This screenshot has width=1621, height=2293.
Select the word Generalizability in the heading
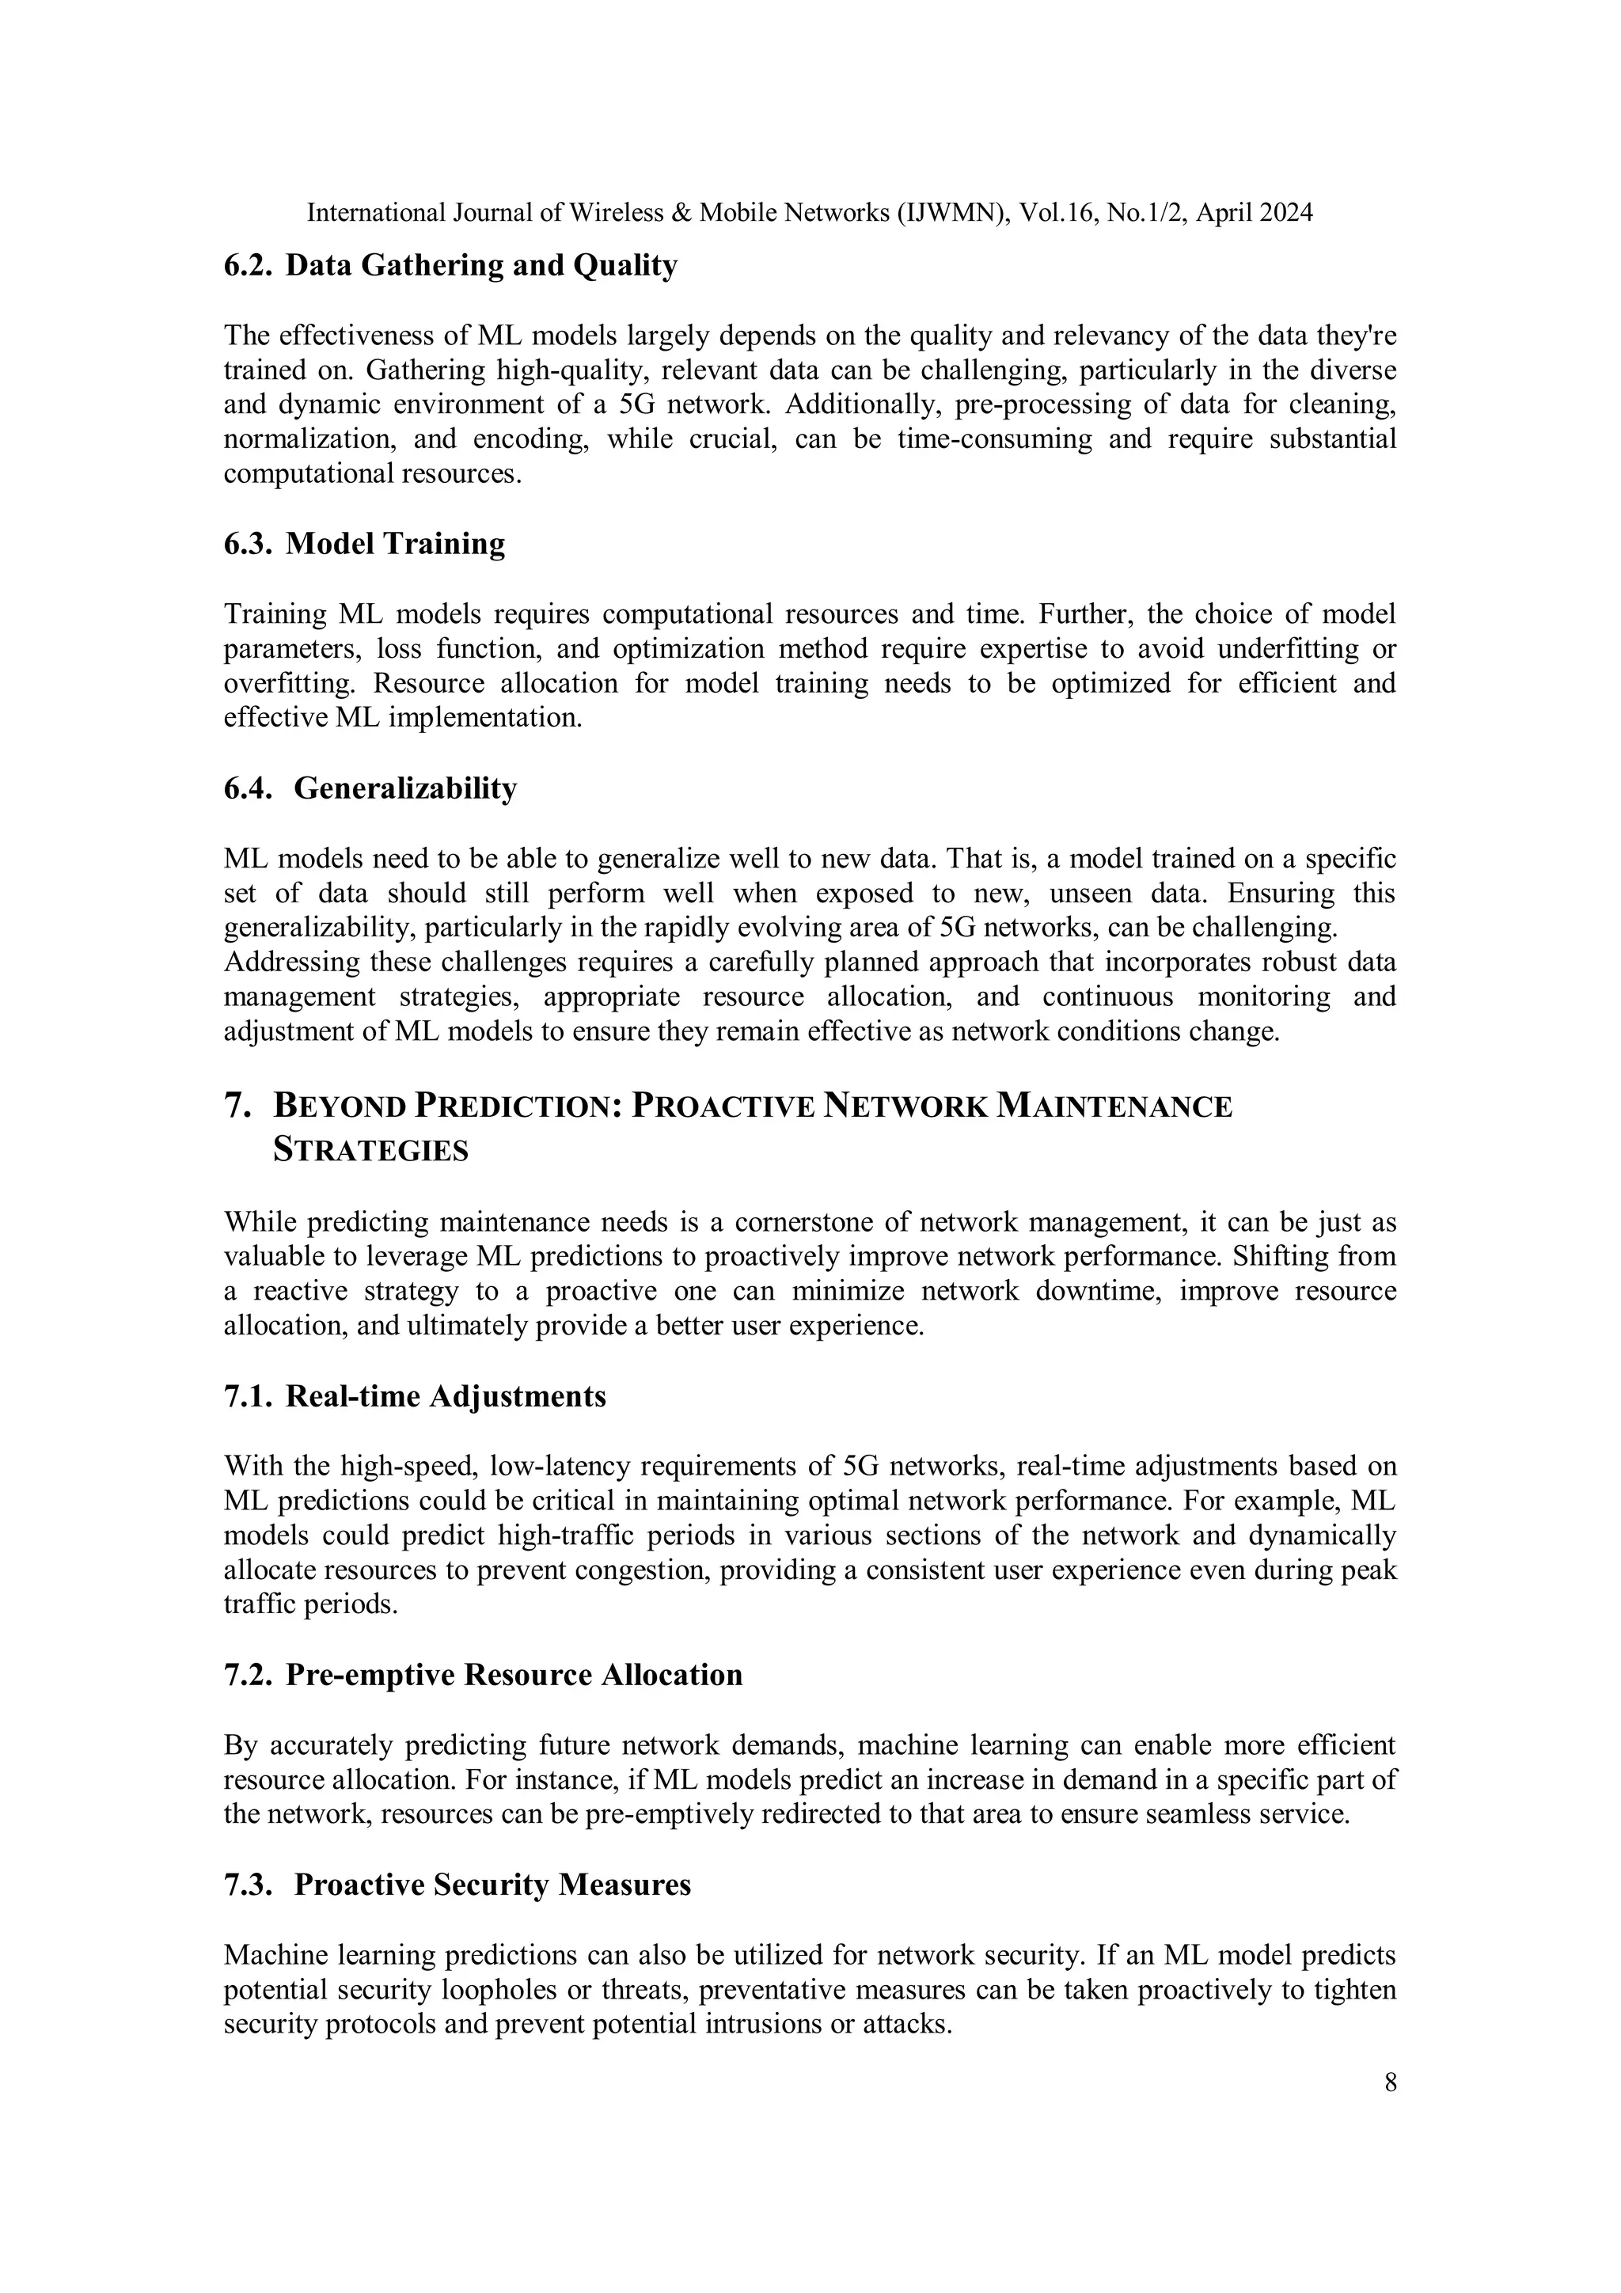[x=405, y=788]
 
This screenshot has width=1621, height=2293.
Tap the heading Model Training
[x=396, y=545]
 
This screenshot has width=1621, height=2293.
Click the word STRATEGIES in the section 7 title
[x=370, y=1151]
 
